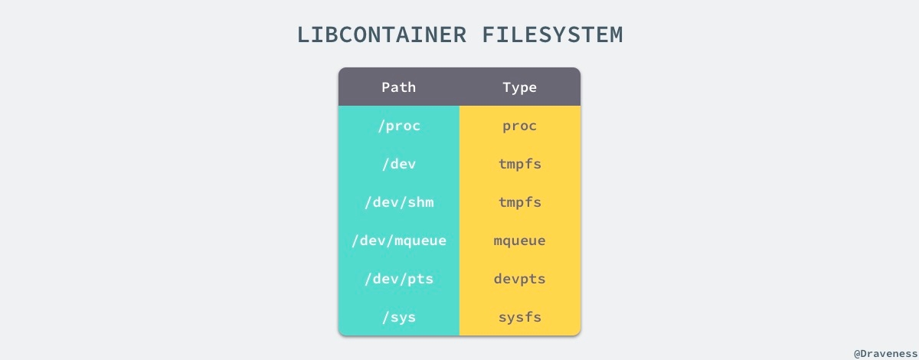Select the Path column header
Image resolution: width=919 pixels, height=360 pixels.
tap(399, 87)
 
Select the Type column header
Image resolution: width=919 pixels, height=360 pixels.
tap(520, 87)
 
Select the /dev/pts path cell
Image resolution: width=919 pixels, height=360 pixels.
tap(399, 279)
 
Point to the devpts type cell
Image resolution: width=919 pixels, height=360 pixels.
tap(520, 279)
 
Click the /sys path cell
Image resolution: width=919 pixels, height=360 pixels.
tap(399, 317)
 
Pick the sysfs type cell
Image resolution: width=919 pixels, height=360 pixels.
tap(520, 317)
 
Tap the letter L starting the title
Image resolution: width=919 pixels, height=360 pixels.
tap(304, 35)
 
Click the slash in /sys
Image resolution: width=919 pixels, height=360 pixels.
tap(385, 317)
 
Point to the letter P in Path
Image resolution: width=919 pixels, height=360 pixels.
tap(386, 87)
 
